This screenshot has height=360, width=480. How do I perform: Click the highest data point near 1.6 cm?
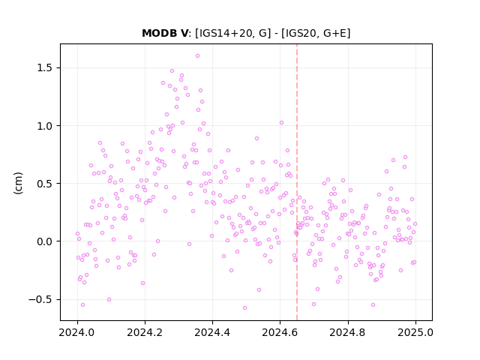point(197,56)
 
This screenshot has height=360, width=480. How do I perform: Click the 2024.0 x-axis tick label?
point(77,332)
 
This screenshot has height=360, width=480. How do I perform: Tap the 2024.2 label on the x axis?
point(145,332)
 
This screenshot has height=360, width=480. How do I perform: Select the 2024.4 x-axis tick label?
point(212,332)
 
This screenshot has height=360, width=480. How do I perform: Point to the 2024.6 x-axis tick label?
point(280,332)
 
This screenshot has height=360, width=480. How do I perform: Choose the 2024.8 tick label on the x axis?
point(347,332)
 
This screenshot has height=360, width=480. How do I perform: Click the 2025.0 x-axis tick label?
point(415,332)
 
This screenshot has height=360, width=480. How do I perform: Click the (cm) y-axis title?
point(18,183)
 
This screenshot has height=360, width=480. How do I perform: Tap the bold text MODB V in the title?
point(165,33)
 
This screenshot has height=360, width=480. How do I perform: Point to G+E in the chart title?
point(335,33)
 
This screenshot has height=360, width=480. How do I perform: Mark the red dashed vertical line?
point(297,182)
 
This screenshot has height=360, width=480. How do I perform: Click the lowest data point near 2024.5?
point(244,308)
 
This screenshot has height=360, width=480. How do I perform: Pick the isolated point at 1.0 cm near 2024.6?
point(281,123)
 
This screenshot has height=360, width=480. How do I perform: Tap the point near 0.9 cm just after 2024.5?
point(256,138)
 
